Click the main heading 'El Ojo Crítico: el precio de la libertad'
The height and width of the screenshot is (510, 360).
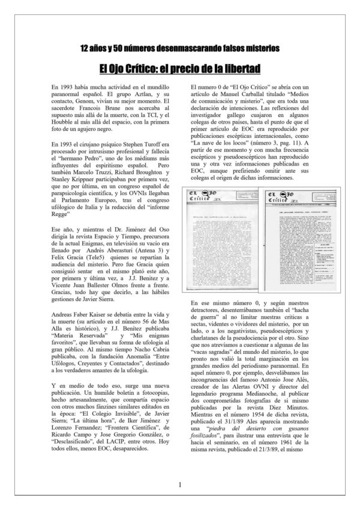pos(180,69)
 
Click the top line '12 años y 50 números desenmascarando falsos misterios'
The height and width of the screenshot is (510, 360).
pos(180,47)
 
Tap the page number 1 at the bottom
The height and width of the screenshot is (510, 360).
pos(179,484)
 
